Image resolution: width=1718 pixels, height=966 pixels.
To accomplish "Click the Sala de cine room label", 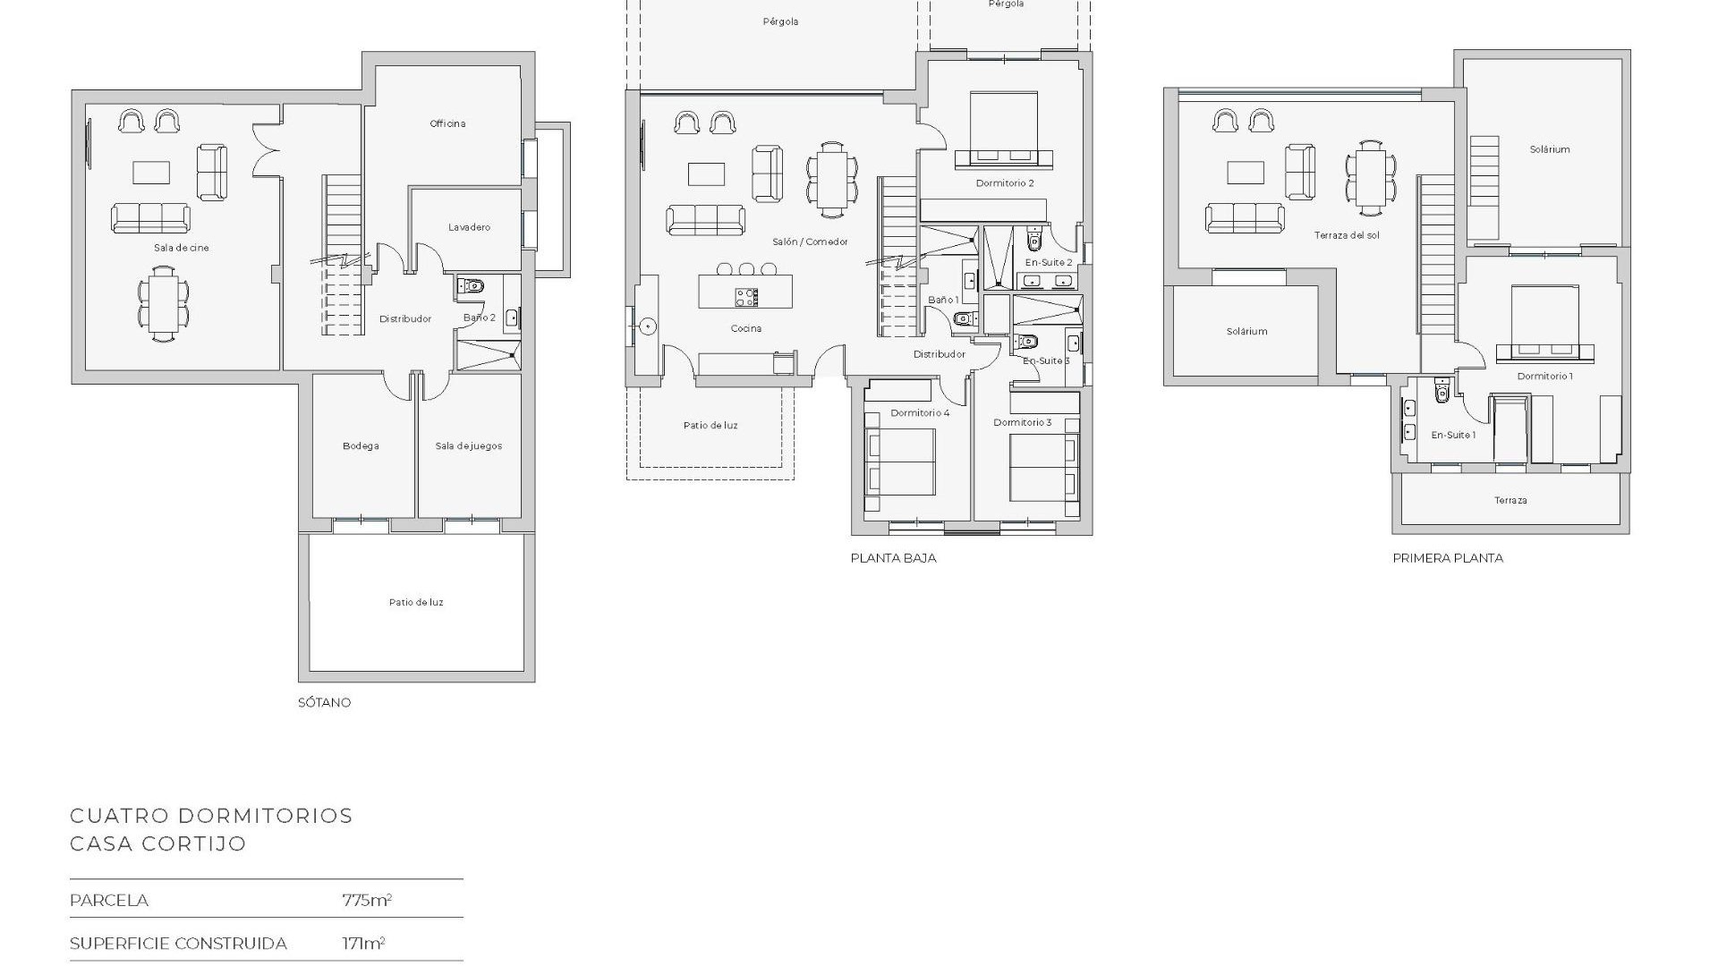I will coord(181,248).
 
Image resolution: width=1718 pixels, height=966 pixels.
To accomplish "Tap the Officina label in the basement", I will coord(447,123).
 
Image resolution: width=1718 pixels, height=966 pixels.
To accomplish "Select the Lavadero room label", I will coord(469,227).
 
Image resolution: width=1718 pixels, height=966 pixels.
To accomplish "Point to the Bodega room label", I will coord(361,445).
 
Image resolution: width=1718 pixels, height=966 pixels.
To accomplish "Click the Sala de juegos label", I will coord(468,445).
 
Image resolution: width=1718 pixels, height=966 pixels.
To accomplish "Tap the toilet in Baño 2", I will coord(472,286).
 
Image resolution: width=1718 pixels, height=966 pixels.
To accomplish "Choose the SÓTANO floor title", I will coord(324,702).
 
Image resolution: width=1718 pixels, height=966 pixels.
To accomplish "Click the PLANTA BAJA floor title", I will coord(893,557).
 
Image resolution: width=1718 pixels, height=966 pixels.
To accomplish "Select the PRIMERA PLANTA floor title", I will coord(1448,557).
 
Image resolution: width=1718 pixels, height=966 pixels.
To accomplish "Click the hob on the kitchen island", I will coord(746,296).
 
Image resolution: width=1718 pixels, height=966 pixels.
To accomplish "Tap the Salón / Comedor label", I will coord(810,241).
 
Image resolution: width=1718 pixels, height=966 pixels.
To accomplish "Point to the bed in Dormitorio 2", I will coord(1004,130).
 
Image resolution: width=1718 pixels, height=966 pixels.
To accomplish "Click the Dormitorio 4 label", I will coord(920,412).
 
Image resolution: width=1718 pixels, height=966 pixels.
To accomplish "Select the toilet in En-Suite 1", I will coord(1441,392).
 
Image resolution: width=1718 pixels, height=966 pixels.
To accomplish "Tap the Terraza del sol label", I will coord(1347,235).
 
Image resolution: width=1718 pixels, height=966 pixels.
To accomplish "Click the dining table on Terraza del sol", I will coord(1371,178).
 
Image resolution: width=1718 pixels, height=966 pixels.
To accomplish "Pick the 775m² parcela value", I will coord(367,900).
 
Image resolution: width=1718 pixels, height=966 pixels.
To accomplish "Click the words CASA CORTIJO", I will coord(157,843).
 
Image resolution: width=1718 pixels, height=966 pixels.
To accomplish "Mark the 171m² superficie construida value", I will coord(363,943).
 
